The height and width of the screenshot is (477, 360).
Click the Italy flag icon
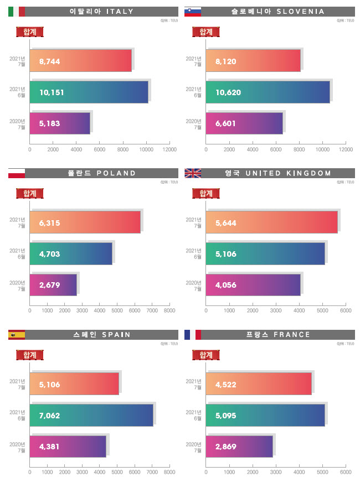tap(17, 11)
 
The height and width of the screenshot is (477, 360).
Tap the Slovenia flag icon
tap(192, 11)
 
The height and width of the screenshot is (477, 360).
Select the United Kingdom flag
tap(192, 173)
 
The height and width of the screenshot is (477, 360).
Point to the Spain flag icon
tap(17, 334)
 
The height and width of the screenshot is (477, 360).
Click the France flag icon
tap(192, 334)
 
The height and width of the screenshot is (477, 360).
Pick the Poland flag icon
tap(17, 173)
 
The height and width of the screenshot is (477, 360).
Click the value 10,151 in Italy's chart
tap(52, 92)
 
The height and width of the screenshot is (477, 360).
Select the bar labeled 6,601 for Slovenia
tap(244, 123)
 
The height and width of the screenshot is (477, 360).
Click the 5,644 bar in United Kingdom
tap(271, 223)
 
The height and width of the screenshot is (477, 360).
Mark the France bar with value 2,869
tap(239, 447)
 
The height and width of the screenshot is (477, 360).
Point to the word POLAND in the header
tap(116, 173)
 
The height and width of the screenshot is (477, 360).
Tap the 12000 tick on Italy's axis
tap(169, 149)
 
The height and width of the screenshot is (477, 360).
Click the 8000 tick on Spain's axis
tap(169, 473)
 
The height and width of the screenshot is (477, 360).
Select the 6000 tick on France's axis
tap(346, 473)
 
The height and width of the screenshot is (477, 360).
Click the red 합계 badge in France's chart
tap(205, 355)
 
